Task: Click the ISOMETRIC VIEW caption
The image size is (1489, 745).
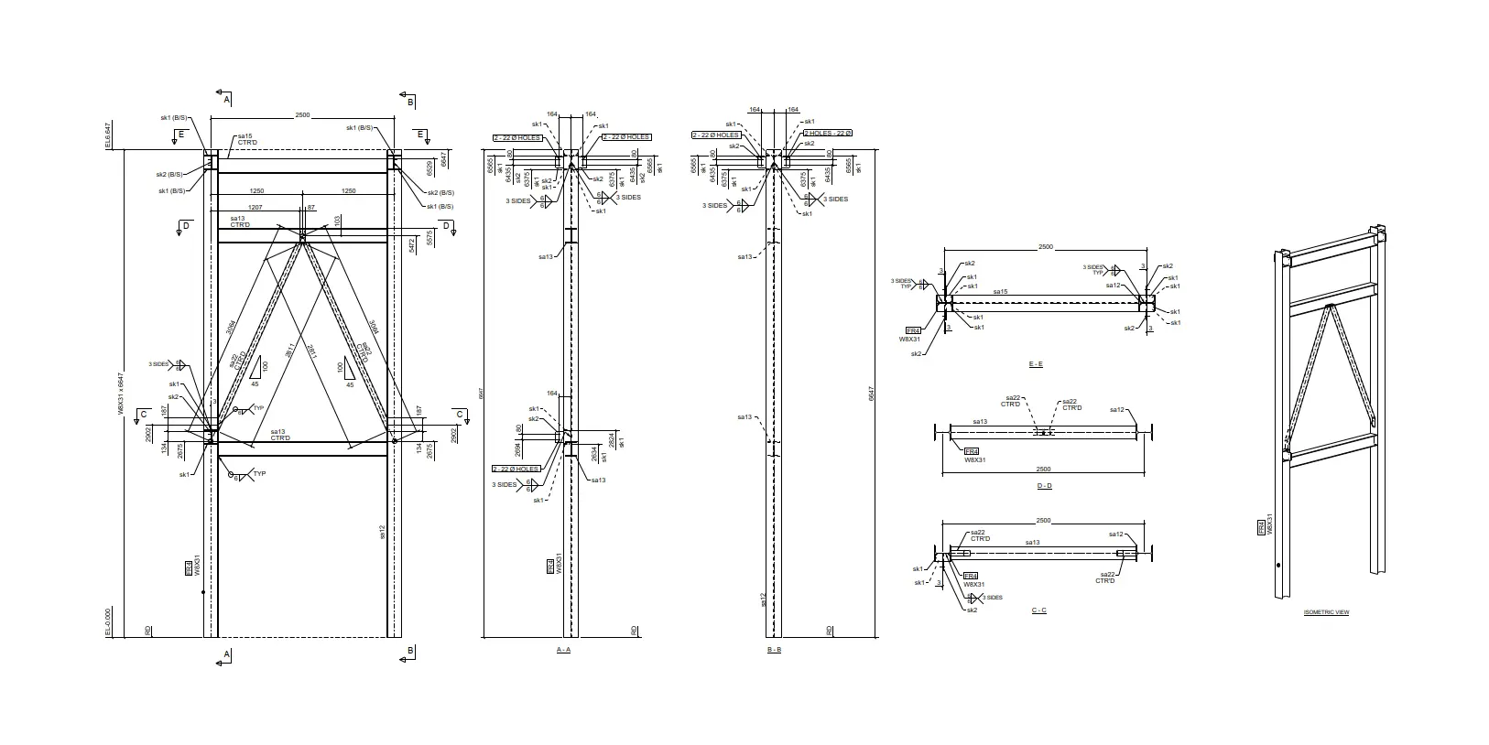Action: click(x=1325, y=612)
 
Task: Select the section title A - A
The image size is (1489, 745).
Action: click(x=563, y=649)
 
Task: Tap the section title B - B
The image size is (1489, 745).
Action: click(x=774, y=649)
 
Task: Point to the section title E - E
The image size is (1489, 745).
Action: click(x=1035, y=364)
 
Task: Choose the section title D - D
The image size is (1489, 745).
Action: click(x=1044, y=486)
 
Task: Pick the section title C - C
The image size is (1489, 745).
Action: click(x=1038, y=610)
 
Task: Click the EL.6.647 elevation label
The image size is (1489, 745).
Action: click(x=108, y=135)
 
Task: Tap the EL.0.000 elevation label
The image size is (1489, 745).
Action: click(x=108, y=622)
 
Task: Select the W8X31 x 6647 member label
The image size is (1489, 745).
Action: click(x=122, y=394)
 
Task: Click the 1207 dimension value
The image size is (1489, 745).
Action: click(x=255, y=207)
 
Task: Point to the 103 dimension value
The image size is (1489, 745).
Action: click(x=337, y=221)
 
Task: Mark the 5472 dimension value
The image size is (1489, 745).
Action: click(x=412, y=243)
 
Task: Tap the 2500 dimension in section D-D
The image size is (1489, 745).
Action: click(x=1043, y=469)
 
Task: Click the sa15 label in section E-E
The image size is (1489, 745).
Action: click(x=1001, y=291)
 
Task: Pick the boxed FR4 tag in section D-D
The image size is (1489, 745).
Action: click(x=972, y=451)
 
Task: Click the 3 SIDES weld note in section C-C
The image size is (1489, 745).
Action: click(x=992, y=598)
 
